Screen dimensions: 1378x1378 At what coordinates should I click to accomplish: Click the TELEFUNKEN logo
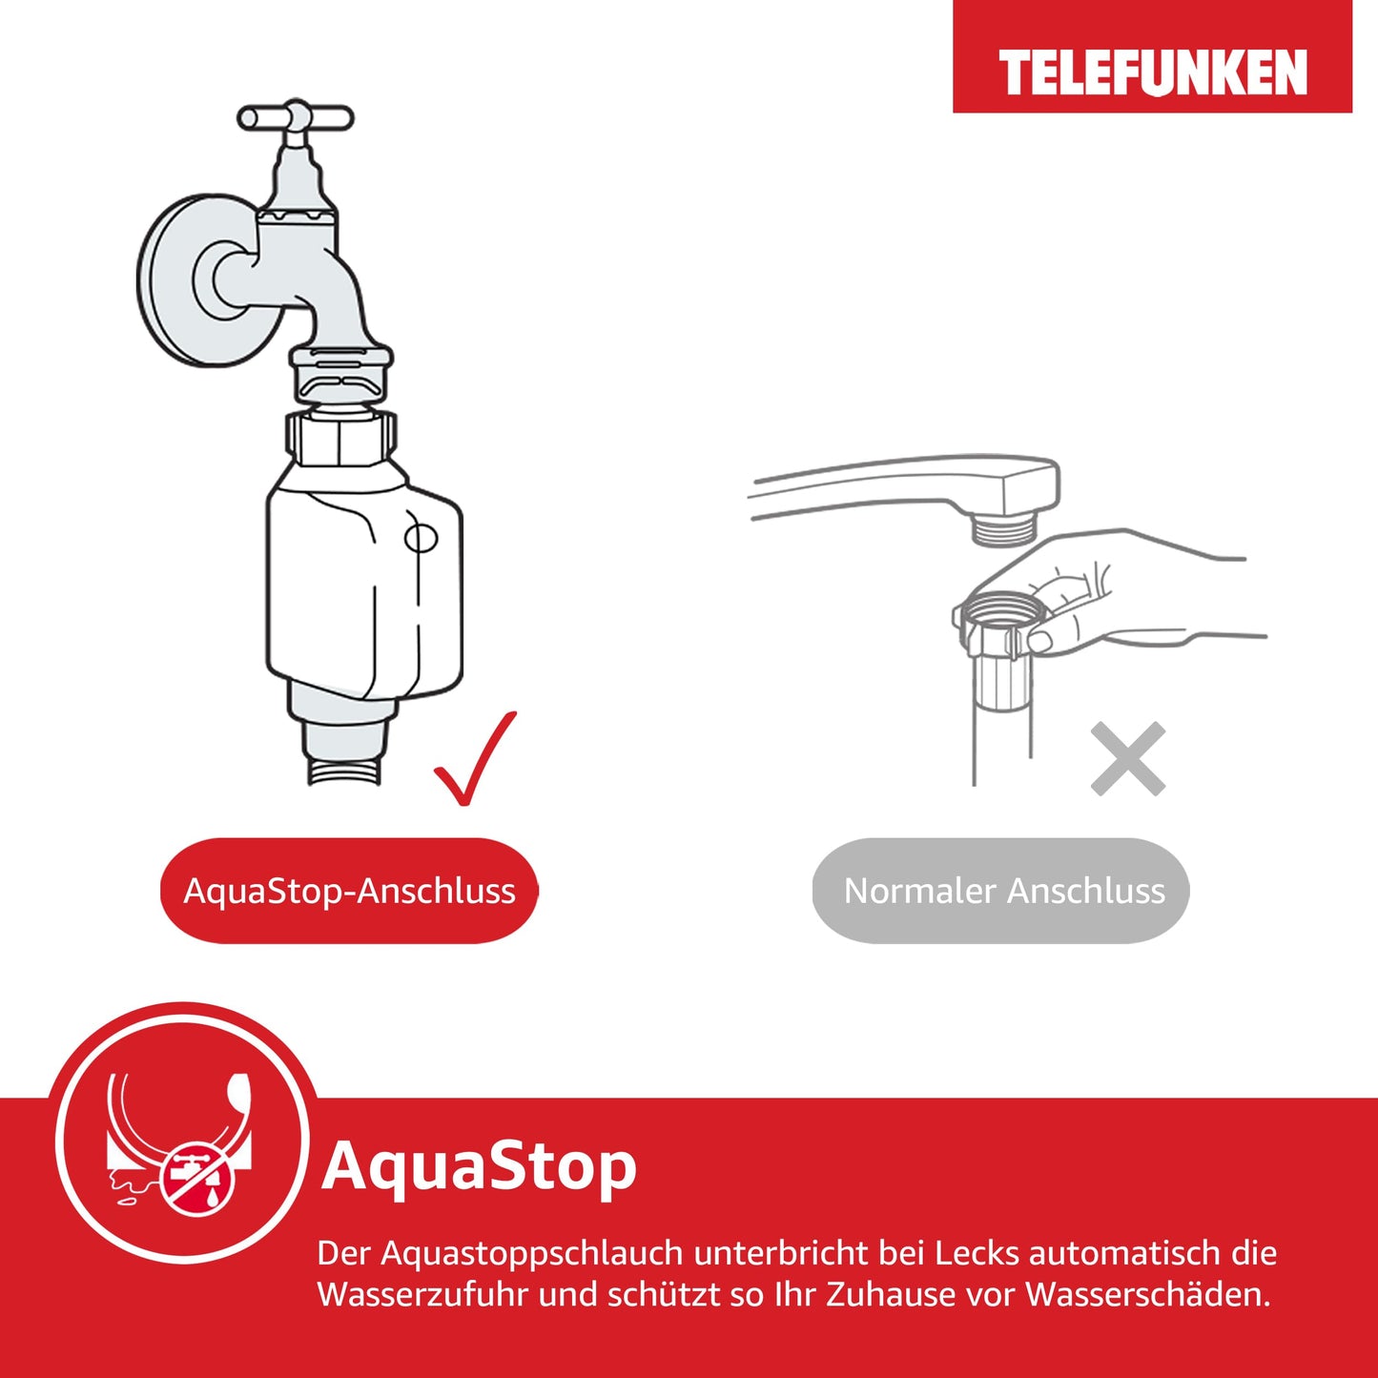[1152, 72]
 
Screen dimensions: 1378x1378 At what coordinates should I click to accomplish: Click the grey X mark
[1128, 759]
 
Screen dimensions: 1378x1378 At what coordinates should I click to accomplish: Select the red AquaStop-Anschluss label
[349, 891]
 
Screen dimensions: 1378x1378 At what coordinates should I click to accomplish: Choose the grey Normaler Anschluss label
[1001, 891]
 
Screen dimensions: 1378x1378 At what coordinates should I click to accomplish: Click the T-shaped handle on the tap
[296, 117]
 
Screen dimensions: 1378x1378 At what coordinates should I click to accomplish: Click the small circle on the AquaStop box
[422, 538]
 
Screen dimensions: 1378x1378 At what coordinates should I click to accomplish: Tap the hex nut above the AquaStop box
[341, 439]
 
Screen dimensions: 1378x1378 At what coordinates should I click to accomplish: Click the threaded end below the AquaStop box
[345, 771]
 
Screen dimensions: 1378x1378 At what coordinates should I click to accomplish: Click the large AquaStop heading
[479, 1165]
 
